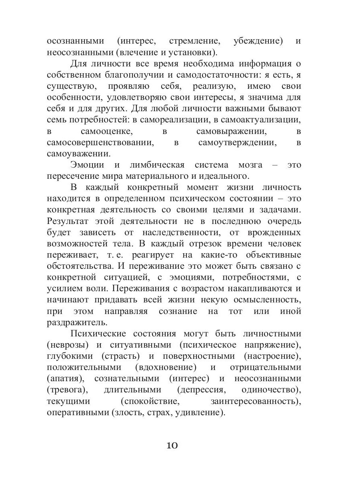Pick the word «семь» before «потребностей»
(x=57, y=120)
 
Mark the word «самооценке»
(x=106, y=131)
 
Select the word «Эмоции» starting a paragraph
(x=87, y=165)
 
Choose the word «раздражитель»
(x=77, y=322)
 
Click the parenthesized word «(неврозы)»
(x=67, y=345)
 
